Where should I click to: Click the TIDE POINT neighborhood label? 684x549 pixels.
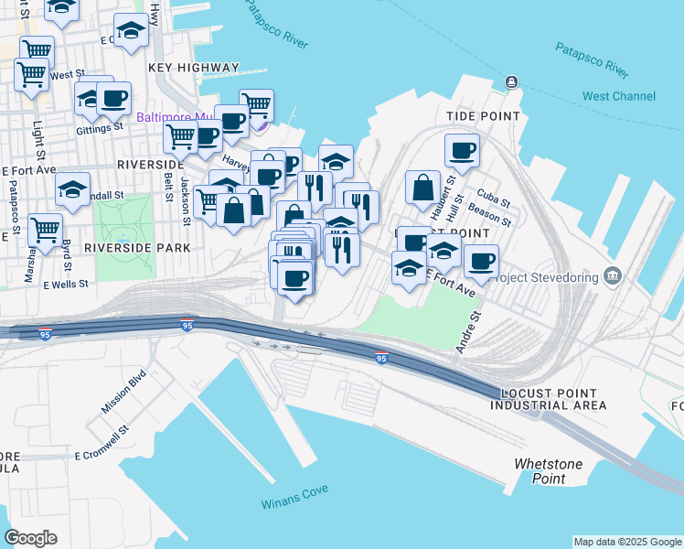(483, 116)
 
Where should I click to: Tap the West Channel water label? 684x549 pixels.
(619, 96)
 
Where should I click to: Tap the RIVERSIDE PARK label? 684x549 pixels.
(136, 248)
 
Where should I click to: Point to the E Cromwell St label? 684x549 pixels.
(102, 441)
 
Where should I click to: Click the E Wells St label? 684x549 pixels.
(65, 284)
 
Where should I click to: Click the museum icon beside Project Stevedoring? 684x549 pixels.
(612, 276)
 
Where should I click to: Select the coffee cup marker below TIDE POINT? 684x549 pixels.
(462, 151)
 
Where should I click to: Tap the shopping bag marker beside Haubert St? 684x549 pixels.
(423, 188)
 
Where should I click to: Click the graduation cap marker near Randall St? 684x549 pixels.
(72, 190)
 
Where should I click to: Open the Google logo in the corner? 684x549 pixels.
(30, 538)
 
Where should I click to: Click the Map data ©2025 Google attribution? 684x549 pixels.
(626, 542)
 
